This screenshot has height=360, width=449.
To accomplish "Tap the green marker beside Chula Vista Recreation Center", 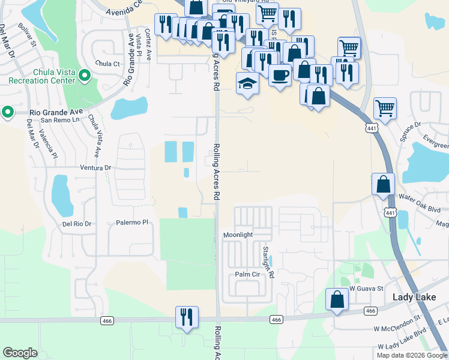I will (85, 76).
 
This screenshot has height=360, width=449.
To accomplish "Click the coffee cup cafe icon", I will (280, 76).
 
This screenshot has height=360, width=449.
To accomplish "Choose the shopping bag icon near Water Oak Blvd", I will (383, 184).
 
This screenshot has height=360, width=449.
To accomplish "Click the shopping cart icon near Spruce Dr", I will (385, 109).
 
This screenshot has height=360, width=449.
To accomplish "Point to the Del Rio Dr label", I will (76, 224).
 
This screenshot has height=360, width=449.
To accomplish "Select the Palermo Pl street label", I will (131, 223).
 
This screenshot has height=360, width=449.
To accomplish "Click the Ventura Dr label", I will (92, 169).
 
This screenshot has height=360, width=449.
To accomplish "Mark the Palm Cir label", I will (246, 275).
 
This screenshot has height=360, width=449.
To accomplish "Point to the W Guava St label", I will (366, 289).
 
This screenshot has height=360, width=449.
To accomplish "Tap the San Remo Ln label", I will (64, 119).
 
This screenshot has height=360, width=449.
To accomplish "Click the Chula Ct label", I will (107, 64).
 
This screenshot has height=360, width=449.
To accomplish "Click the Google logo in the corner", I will (20, 353).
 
